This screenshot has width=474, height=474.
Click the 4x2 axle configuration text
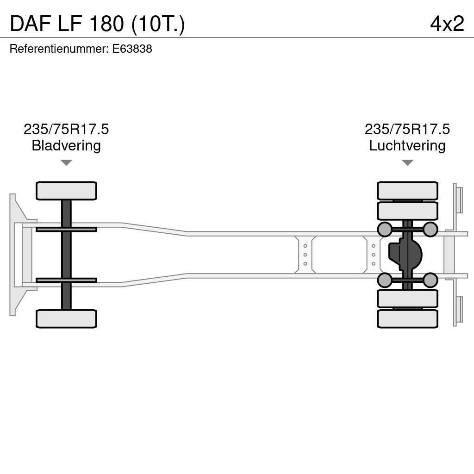tap(447, 24)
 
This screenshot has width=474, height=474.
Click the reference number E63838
tap(132, 49)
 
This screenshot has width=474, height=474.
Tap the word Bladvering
tap(66, 146)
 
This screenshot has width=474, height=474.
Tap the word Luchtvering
tap(407, 146)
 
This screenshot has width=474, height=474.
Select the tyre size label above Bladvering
tap(66, 130)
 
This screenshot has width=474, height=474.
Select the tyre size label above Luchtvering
tap(407, 130)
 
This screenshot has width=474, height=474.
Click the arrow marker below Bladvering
tap(66, 162)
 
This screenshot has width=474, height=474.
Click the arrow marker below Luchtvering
tap(407, 162)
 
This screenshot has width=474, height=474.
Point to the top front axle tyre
tap(66, 191)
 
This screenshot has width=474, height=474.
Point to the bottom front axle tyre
tap(66, 318)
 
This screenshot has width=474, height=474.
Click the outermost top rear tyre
tap(407, 191)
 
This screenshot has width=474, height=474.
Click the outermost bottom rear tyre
tap(407, 318)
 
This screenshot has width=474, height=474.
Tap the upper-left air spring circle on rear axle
tap(385, 229)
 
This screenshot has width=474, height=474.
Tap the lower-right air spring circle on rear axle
tap(430, 280)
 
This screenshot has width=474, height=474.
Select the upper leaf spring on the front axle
tap(66, 229)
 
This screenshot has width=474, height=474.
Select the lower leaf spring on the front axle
tap(66, 280)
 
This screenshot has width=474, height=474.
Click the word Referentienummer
tap(59, 49)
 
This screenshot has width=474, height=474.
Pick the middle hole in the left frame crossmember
tap(305, 255)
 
